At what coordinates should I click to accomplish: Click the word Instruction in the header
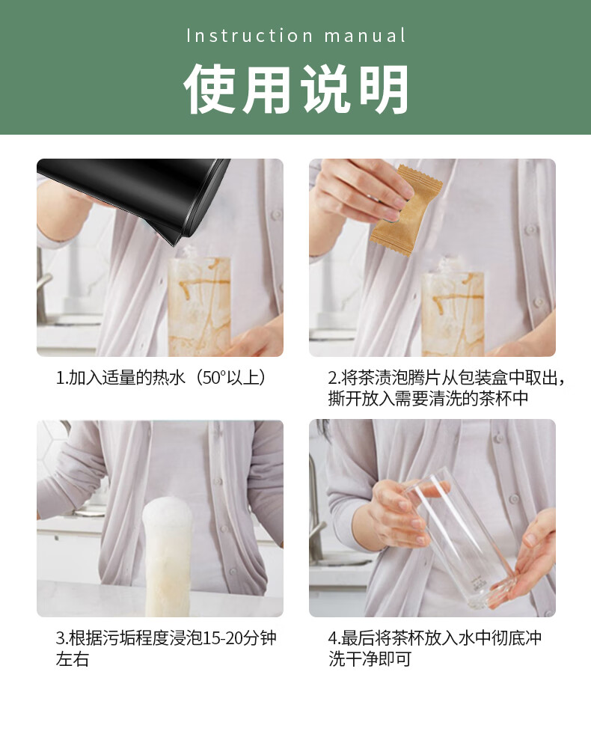tap(249, 36)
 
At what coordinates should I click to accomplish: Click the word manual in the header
tap(364, 36)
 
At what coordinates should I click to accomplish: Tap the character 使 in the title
tap(210, 88)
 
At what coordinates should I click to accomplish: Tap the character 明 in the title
tap(383, 88)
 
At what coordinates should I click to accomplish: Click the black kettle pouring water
tap(135, 196)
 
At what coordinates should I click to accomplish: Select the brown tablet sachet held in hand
tap(407, 209)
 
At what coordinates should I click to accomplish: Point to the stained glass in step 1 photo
tap(199, 305)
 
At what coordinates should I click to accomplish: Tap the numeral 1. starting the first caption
tap(62, 378)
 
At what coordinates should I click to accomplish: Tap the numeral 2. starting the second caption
tap(334, 378)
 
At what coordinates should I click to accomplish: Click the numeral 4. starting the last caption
tap(334, 637)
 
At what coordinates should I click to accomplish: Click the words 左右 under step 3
tap(73, 658)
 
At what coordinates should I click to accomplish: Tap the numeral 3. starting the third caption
tap(62, 637)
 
